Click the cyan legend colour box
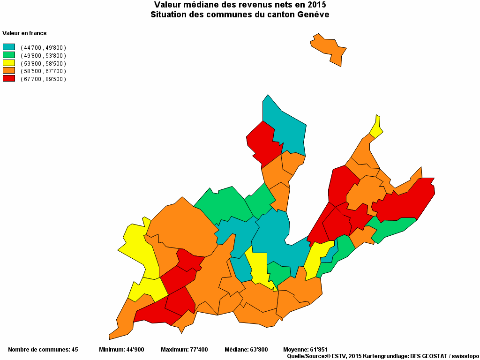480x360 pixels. [9, 47]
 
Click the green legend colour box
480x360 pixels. [9, 55]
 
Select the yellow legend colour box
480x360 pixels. [9, 63]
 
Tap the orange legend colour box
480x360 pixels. [9, 71]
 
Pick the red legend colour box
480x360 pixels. [9, 79]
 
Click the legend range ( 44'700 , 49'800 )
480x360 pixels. [43, 48]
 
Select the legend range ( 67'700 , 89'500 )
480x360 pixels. [43, 79]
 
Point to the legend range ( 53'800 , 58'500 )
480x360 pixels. [43, 63]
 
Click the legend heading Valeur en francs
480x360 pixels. [24, 33]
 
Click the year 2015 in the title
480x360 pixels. [316, 5]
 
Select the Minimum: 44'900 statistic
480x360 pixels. [121, 350]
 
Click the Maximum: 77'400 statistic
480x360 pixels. [184, 350]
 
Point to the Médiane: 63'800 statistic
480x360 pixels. [246, 350]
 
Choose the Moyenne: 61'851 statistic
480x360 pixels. [306, 350]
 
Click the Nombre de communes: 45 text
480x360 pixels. [43, 350]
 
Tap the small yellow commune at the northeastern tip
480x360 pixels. [376, 127]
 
